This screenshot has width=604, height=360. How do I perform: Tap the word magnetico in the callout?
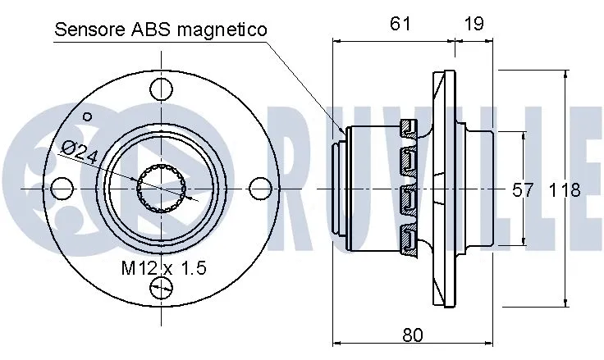coord(221,30)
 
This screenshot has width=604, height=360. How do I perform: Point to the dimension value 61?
coord(400,24)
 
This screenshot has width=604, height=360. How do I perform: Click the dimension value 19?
coord(474,24)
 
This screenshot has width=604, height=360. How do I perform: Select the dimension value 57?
coord(523,190)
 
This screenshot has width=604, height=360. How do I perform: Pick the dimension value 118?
coord(565,190)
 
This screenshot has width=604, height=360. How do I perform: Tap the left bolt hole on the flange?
coord(62,189)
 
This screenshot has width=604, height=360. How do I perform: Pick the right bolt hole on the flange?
coord(259,189)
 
